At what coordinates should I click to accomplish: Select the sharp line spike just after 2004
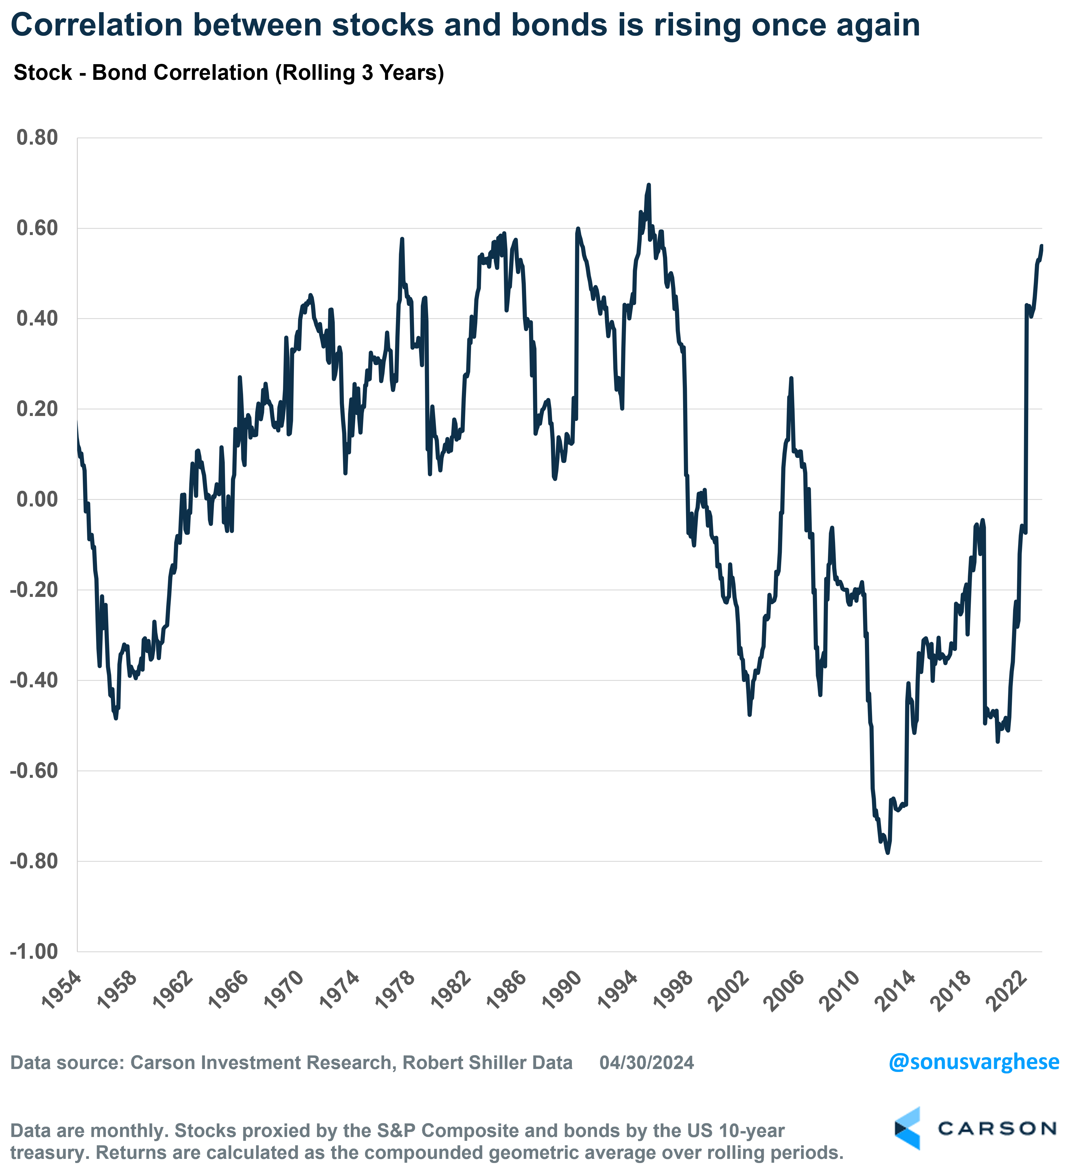coord(791,378)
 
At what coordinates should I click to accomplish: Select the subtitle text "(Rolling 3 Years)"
coord(359,73)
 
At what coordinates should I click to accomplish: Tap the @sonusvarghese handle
coord(973,1062)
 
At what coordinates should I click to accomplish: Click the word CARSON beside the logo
coord(997,1128)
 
